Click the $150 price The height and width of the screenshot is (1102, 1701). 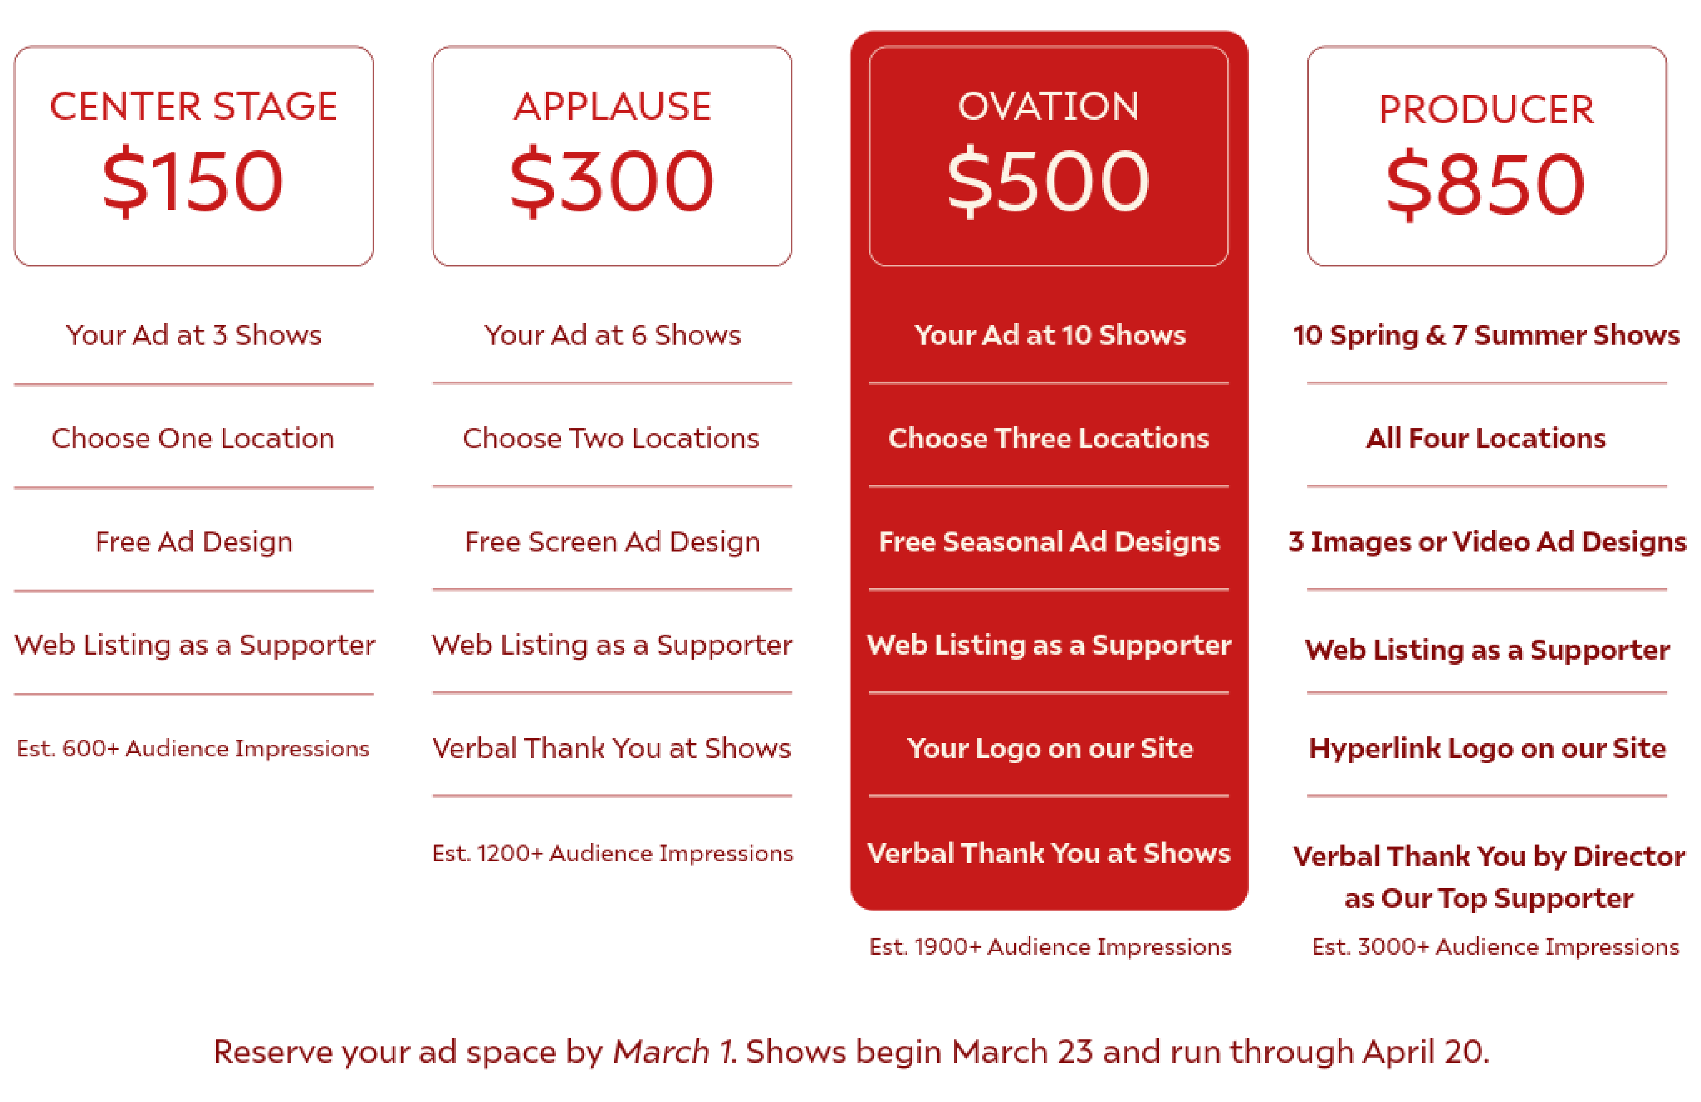(x=193, y=181)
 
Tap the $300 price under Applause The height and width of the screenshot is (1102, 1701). (x=612, y=181)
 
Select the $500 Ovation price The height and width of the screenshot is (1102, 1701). (x=1048, y=181)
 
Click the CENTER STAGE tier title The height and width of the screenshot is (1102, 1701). (x=193, y=107)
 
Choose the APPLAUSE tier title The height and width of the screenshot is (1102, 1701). (x=613, y=107)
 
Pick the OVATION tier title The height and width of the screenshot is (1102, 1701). (x=1048, y=107)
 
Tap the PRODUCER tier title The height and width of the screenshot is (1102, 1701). (x=1487, y=110)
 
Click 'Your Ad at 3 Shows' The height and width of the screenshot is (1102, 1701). (x=194, y=335)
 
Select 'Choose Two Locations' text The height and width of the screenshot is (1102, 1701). (x=611, y=438)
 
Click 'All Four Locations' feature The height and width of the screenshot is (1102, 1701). (x=1486, y=438)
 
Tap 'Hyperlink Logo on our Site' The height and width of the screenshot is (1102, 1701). (x=1487, y=748)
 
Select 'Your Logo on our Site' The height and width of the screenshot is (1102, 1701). (x=1050, y=748)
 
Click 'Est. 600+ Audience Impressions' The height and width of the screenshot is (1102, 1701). (x=193, y=748)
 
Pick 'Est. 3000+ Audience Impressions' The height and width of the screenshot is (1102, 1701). (x=1495, y=946)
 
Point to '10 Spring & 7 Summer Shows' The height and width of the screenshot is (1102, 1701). (x=1487, y=335)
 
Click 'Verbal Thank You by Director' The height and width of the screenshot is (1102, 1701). (x=1489, y=856)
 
